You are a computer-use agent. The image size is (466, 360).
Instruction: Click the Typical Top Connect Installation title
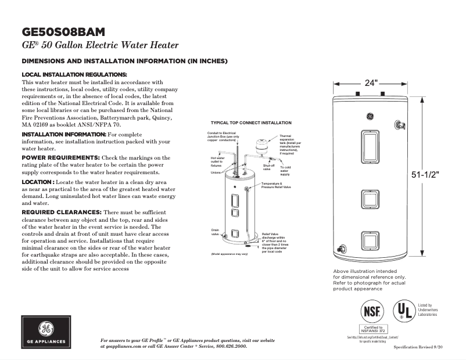coord(251,123)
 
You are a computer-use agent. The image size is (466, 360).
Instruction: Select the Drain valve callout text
coord(215,232)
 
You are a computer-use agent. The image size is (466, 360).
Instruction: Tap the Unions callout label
coord(216,172)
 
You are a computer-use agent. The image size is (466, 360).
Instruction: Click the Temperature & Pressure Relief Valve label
coord(276,186)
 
